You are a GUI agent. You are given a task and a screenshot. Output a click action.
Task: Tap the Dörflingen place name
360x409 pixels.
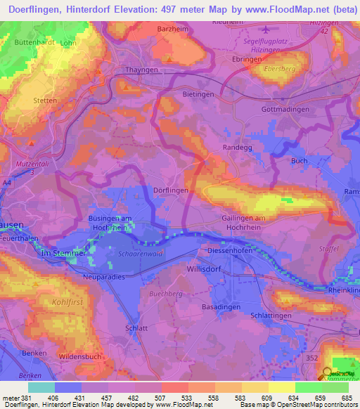pyautogui.click(x=171, y=190)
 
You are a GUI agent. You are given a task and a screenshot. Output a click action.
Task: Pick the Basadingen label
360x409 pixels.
pyautogui.click(x=221, y=308)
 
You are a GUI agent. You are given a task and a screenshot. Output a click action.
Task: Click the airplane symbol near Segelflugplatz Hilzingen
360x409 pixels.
pyautogui.click(x=265, y=30)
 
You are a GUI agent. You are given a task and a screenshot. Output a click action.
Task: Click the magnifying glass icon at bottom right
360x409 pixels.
pyautogui.click(x=327, y=373)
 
